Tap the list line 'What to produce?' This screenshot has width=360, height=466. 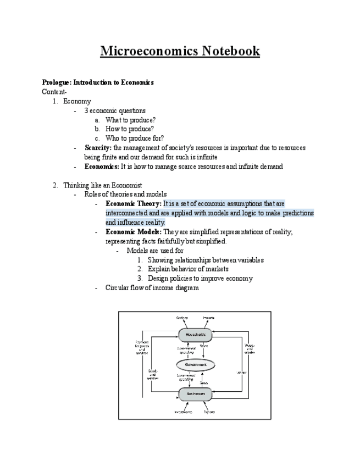pos(130,120)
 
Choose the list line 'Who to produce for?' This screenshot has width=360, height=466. pos(134,138)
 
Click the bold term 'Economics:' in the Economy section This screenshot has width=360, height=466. pos(101,167)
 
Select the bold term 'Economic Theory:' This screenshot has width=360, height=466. pos(133,204)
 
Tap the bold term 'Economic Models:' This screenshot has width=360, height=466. pos(134,232)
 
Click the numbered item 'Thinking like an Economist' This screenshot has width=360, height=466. pos(102,185)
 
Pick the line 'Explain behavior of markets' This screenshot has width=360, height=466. pos(188,269)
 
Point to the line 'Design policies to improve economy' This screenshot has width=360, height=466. pos(200,279)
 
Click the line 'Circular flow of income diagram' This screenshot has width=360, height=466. pos(152,288)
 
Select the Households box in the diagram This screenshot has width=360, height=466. pos(195,335)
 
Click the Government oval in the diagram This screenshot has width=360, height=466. pos(196,365)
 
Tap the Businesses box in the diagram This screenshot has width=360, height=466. pos(195,394)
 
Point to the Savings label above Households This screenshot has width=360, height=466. pos(182,318)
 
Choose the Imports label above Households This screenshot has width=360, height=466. pos(208,318)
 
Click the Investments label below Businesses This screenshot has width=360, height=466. pos(183,412)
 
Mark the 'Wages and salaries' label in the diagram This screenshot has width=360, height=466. pos(250,348)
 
